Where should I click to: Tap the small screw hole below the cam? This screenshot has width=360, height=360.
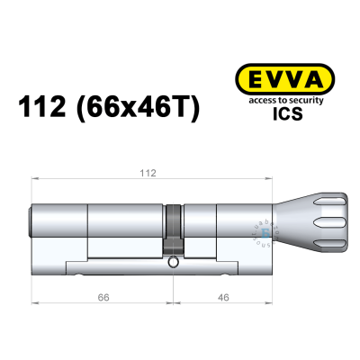(x=173, y=263)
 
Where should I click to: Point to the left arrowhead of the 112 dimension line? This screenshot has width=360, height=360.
(x=35, y=180)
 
